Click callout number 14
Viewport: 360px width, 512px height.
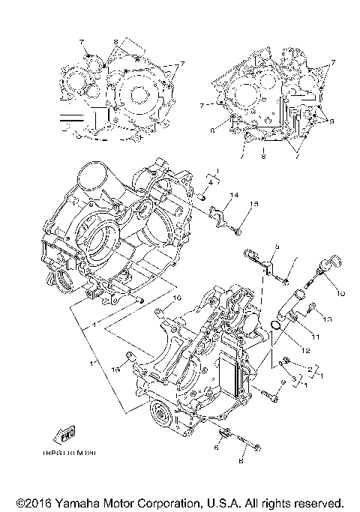tap(234, 195)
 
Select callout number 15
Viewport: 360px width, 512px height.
tap(254, 204)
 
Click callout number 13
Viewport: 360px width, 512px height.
tap(326, 319)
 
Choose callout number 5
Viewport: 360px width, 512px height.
tap(276, 246)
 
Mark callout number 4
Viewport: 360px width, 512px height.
tap(211, 182)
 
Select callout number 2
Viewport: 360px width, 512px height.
tap(309, 369)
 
